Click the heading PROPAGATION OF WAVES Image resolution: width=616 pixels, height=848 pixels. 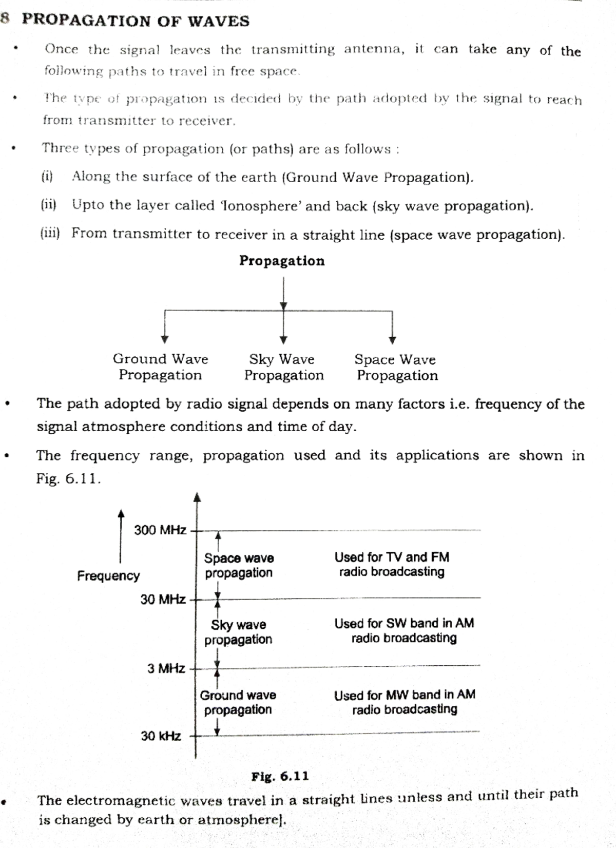point(136,21)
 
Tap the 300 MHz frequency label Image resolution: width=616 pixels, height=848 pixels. point(160,530)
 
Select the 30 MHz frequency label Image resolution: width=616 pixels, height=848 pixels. point(163,599)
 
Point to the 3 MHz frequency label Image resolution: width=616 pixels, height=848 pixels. point(166,668)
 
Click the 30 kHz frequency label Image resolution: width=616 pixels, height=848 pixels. point(161,736)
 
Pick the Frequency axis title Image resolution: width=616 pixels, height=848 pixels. point(108,575)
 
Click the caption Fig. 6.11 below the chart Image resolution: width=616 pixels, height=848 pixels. point(280,776)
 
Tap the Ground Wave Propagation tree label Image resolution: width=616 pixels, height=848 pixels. point(160,367)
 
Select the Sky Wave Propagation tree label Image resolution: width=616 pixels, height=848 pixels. point(283,367)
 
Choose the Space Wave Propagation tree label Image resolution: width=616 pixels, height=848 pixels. point(397,368)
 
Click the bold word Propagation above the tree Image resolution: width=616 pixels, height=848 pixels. point(282,261)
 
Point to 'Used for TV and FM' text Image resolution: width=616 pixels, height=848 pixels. point(392,557)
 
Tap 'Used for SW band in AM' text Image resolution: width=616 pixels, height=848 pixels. point(404,624)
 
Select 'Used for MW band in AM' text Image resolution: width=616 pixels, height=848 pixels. point(405,695)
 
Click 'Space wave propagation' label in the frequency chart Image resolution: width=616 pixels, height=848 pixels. point(239,565)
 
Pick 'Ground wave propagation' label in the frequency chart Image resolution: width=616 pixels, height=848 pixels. point(238,702)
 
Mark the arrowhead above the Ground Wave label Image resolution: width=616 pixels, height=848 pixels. point(164,339)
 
